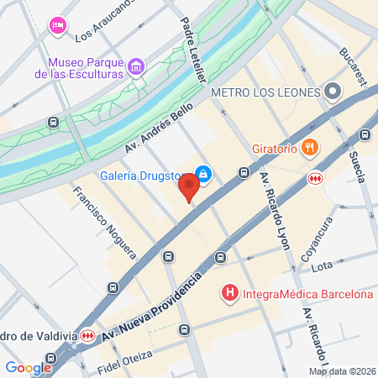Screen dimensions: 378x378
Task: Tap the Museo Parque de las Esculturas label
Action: tap(86, 68)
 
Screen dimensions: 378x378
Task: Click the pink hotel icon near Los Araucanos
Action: tap(57, 25)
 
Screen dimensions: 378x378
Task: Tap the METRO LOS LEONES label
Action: tap(267, 92)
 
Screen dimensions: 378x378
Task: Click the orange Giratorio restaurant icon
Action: tap(310, 149)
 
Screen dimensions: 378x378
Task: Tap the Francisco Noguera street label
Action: tap(104, 220)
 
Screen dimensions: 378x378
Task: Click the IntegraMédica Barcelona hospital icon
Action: tap(228, 294)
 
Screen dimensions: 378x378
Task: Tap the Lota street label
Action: tap(323, 267)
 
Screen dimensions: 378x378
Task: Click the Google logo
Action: tap(28, 367)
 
